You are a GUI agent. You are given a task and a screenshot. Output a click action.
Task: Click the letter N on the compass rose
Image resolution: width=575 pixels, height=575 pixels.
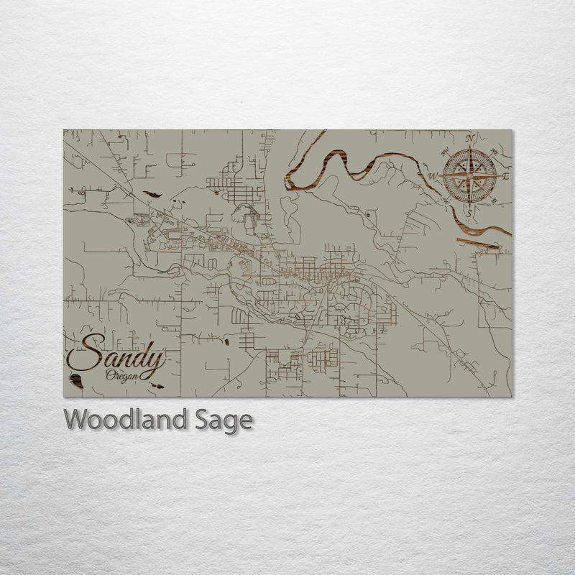(x=470, y=138)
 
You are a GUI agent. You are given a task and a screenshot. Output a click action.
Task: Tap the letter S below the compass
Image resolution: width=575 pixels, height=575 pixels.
(x=470, y=213)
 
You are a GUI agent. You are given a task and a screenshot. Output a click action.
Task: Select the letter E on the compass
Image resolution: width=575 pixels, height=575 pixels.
(x=505, y=176)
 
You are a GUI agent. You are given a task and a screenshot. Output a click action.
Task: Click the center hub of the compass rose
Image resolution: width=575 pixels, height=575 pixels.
(x=470, y=175)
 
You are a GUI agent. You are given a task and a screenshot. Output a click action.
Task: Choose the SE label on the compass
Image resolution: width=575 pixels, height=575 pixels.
(x=494, y=201)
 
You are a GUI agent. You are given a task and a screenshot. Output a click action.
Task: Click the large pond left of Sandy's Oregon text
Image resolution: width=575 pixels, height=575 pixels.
(x=75, y=381)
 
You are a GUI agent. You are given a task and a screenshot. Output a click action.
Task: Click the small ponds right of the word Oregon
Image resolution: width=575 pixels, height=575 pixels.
(x=155, y=385)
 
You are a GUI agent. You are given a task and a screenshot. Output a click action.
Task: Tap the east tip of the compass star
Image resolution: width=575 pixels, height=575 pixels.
(x=498, y=175)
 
